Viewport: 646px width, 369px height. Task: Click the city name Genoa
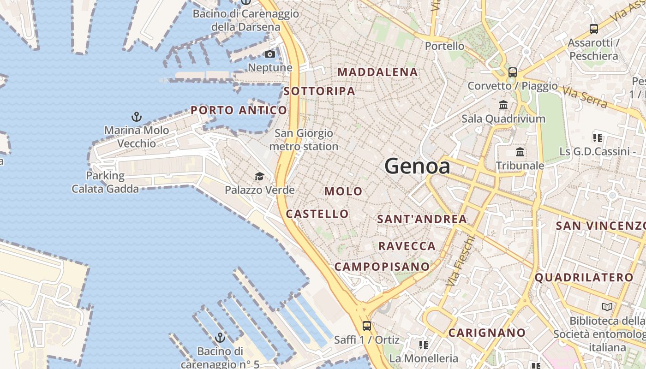[x=417, y=166]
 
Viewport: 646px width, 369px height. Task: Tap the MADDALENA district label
[x=377, y=72]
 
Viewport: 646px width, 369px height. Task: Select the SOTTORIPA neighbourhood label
[x=319, y=91]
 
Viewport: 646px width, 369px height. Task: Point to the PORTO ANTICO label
[x=239, y=110]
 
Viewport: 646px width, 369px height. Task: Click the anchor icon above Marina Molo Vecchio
[x=136, y=116]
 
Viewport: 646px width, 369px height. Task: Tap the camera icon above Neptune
[x=270, y=54]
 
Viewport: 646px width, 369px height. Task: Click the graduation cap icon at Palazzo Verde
[x=259, y=176]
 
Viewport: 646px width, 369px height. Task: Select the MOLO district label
[x=343, y=191]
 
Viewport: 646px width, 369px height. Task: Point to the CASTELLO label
[x=317, y=214]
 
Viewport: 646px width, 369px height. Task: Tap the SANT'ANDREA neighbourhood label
[x=422, y=219]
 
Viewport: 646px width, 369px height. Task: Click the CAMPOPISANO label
[x=382, y=267]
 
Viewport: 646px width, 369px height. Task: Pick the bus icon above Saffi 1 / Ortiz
[x=367, y=326]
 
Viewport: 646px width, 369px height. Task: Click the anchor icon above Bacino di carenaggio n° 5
[x=220, y=338]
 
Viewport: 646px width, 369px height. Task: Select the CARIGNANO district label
[x=487, y=333]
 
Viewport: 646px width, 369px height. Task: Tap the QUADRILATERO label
[x=584, y=277]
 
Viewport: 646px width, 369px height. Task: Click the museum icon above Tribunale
[x=520, y=152]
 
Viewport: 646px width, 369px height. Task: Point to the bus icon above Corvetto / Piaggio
[x=513, y=72]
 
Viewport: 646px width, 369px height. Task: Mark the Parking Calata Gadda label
[x=105, y=182]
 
